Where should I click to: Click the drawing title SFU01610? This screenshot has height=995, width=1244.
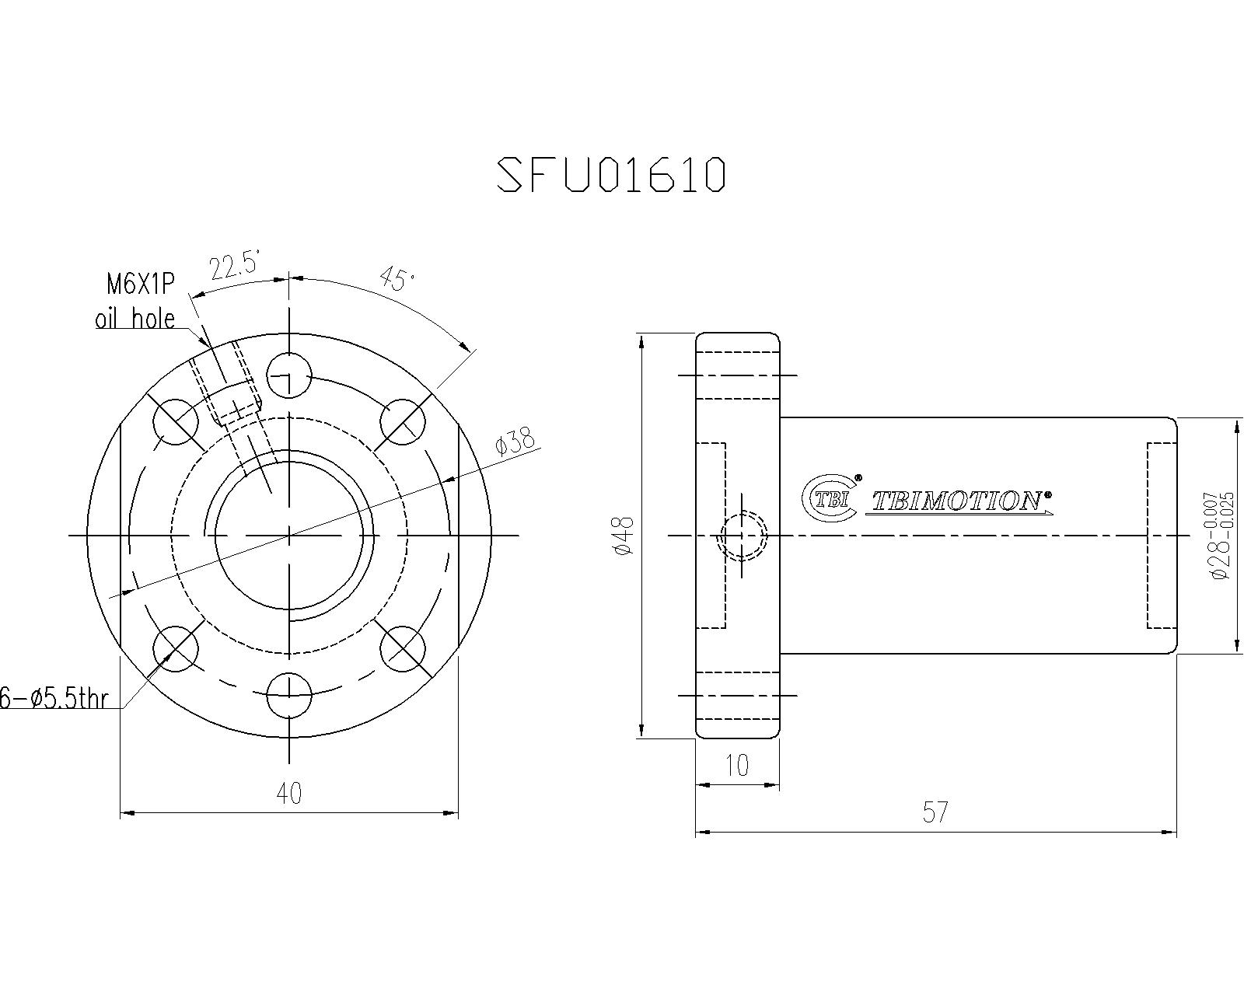pos(611,174)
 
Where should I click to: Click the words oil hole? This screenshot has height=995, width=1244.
pos(135,319)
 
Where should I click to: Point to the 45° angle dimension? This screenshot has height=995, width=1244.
pos(397,278)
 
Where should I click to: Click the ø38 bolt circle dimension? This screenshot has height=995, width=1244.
pos(515,442)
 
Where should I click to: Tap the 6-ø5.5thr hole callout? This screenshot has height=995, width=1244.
pos(54,699)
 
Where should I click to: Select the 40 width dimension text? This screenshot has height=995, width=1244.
pos(289,793)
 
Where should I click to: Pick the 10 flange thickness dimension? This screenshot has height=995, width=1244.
pos(736,766)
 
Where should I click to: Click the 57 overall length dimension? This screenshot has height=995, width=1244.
pos(935,812)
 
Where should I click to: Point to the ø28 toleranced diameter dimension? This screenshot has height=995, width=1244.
pos(1219,536)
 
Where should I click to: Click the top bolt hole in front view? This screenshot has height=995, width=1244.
pos(289,375)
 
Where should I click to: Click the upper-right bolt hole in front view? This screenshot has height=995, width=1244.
pos(404,422)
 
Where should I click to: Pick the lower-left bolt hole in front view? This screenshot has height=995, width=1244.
pos(176,649)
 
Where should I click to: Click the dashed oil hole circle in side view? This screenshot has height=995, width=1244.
pos(744,536)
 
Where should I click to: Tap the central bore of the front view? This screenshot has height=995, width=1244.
pos(289,535)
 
